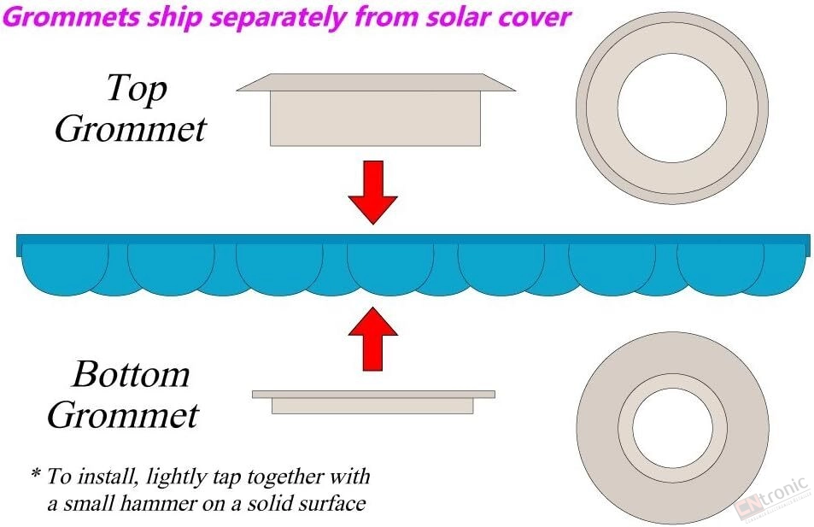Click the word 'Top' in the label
click(137, 89)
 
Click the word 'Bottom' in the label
click(131, 373)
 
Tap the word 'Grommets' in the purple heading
click(72, 17)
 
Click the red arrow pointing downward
click(372, 192)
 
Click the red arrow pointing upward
click(372, 338)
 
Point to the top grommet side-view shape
click(376, 109)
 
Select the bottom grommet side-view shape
click(373, 402)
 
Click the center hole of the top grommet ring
click(672, 108)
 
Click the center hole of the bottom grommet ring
click(673, 427)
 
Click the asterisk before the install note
click(36, 473)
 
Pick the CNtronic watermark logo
click(772, 498)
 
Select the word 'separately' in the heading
click(278, 18)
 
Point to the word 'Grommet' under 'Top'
click(131, 128)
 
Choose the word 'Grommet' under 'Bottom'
click(123, 414)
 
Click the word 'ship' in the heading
click(175, 18)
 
